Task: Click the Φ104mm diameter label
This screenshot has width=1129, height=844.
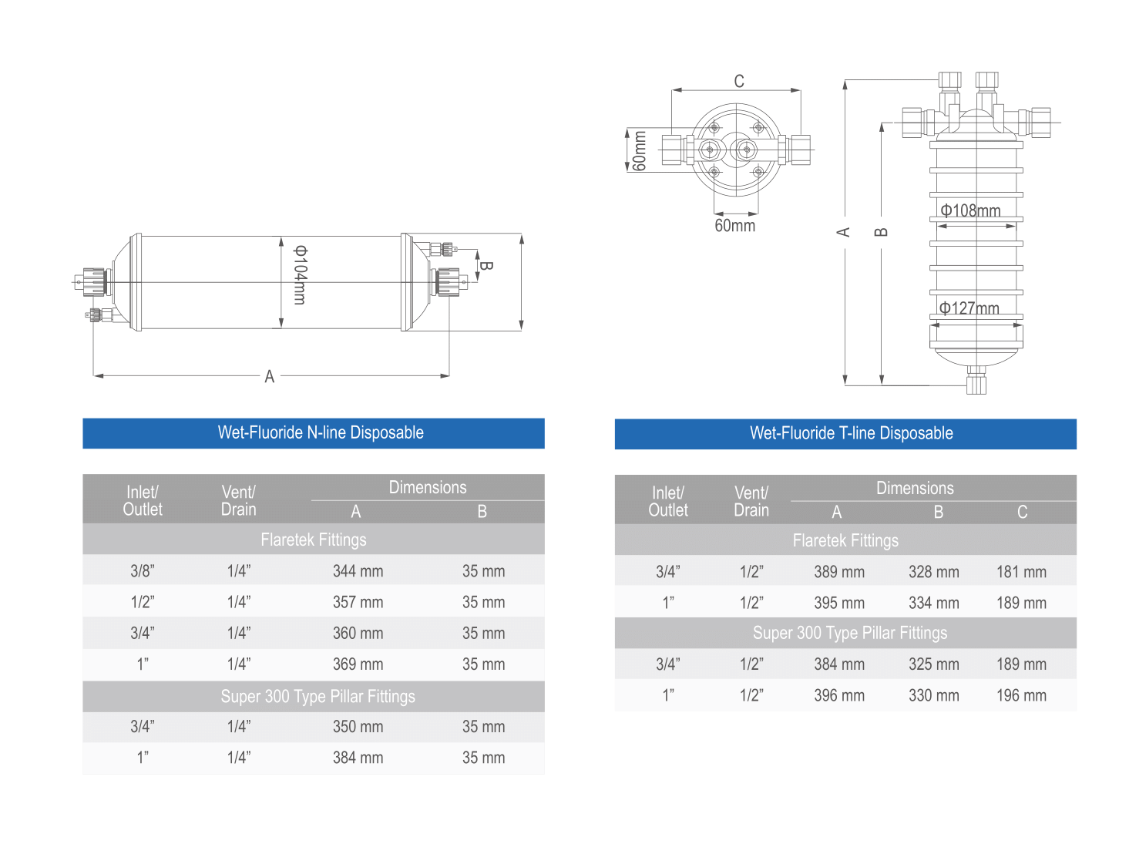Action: [x=300, y=275]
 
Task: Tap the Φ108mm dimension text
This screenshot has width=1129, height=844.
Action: [x=970, y=211]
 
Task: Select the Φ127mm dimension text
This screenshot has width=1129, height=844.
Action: [x=969, y=308]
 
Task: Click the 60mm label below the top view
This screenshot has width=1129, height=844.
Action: [x=734, y=226]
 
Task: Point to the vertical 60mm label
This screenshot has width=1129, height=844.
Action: [x=639, y=150]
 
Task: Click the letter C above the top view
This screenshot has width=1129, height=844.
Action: [x=739, y=81]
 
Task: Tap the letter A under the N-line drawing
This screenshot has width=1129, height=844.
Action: [x=270, y=377]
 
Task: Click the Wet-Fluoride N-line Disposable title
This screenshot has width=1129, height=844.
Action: [x=321, y=432]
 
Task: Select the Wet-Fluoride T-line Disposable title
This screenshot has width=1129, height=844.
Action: [x=852, y=433]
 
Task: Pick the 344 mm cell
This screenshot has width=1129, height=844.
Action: [x=358, y=571]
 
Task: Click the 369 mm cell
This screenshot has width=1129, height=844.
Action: [x=358, y=664]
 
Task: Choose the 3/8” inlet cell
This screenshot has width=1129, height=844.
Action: [x=143, y=571]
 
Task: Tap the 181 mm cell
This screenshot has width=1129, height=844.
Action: [x=1022, y=572]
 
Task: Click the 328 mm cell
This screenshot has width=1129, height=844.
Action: [x=933, y=572]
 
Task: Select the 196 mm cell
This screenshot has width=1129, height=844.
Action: [x=1022, y=695]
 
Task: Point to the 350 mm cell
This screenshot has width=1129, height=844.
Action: [x=358, y=727]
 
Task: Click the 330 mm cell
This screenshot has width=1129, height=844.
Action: [x=933, y=695]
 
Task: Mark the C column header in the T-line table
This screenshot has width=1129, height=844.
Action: [x=1022, y=513]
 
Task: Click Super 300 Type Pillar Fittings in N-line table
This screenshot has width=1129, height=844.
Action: [x=318, y=696]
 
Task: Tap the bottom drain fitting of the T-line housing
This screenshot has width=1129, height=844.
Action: [x=976, y=381]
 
